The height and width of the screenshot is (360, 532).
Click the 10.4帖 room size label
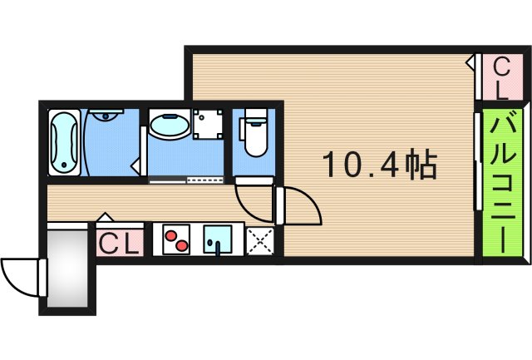click(379, 166)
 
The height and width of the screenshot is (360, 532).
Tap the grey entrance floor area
click(66, 270)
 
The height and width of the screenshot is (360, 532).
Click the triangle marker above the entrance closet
click(105, 218)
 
